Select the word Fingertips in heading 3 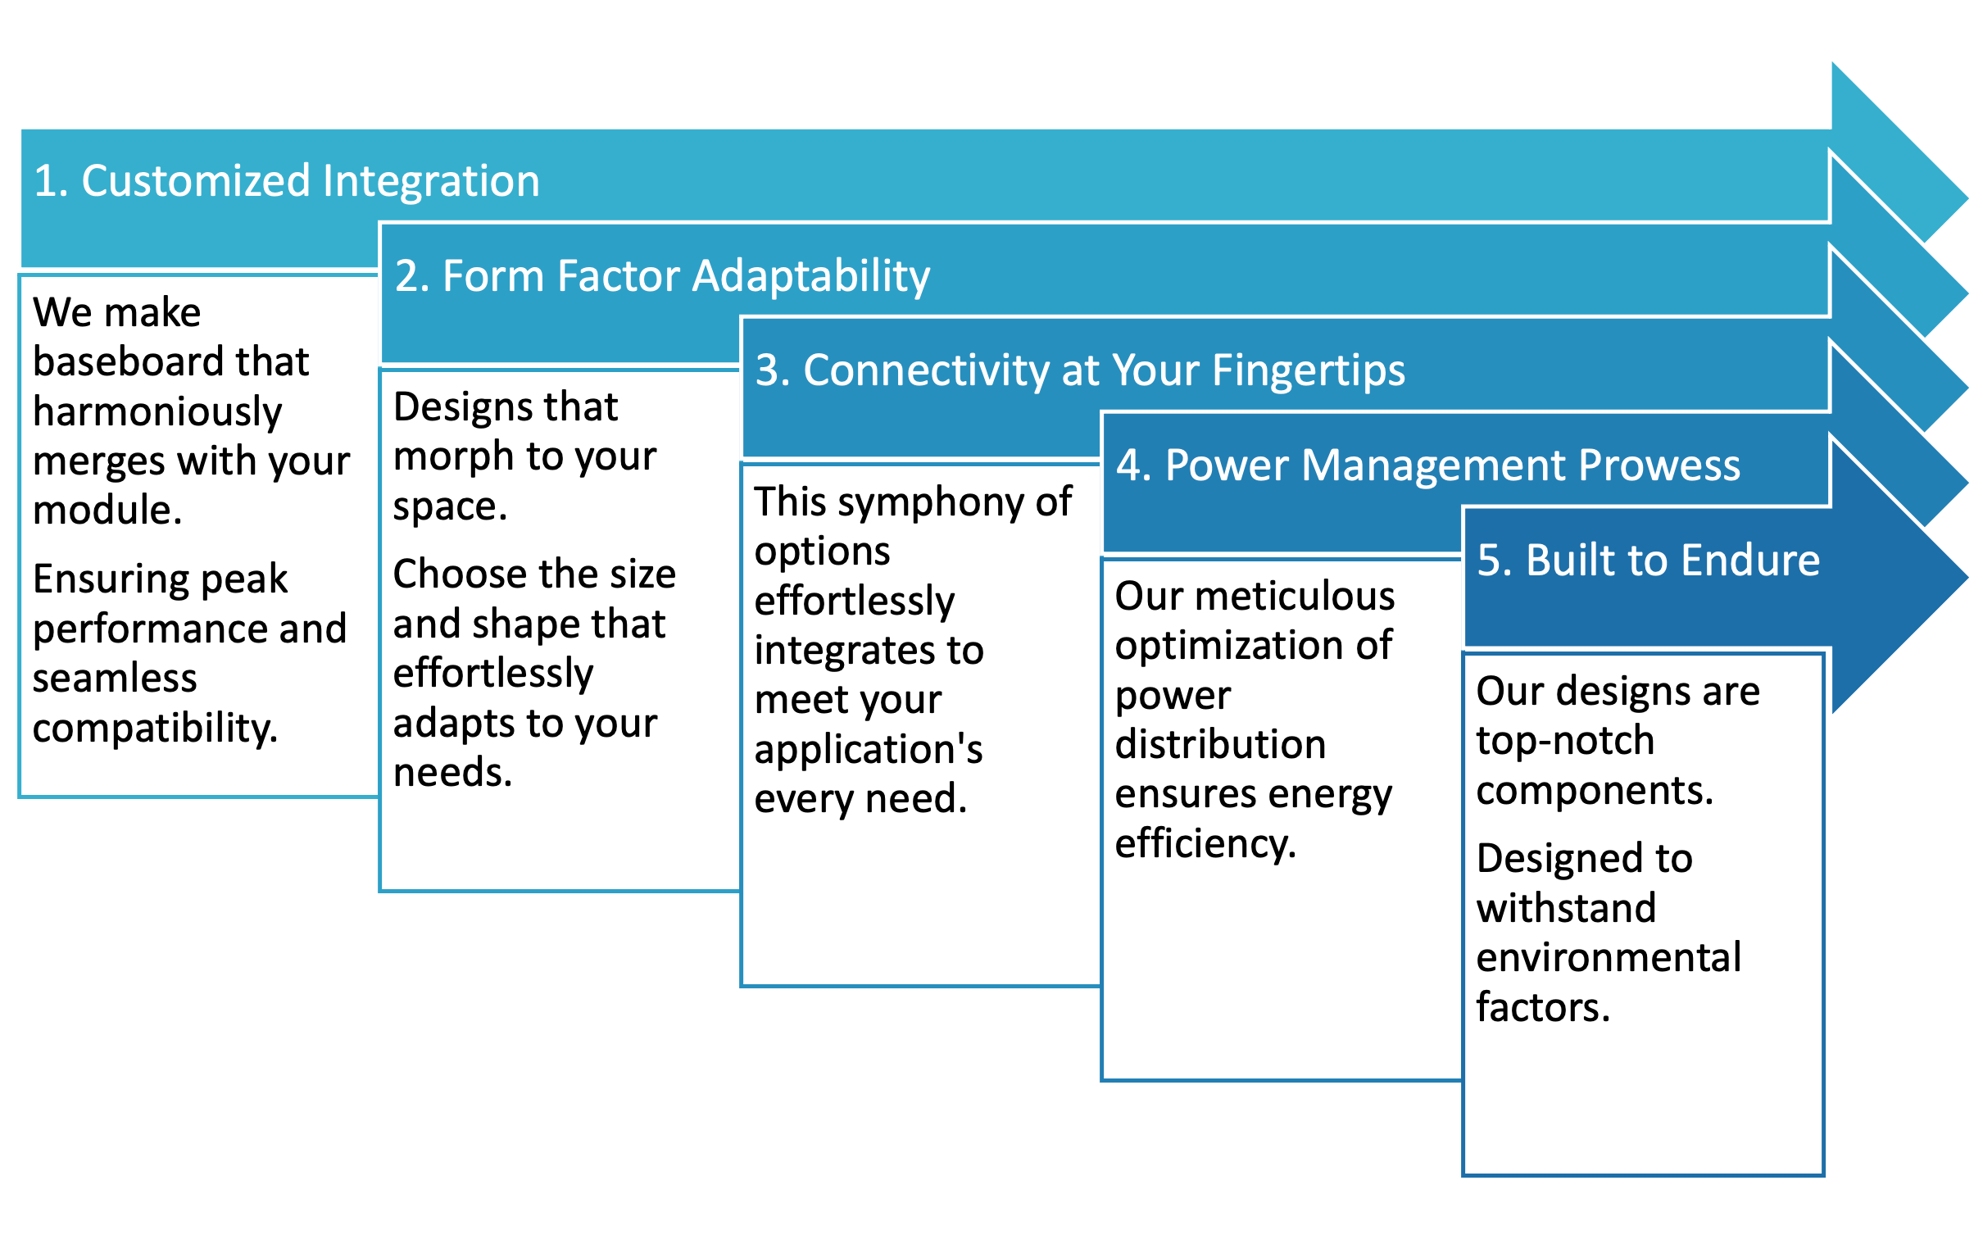(1309, 371)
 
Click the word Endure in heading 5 (1750, 560)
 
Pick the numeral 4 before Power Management (1129, 465)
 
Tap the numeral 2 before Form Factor (407, 275)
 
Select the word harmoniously (157, 412)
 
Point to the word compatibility (155, 729)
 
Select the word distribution (1221, 744)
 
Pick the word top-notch (1565, 741)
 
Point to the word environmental (1609, 957)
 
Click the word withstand (1566, 908)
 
